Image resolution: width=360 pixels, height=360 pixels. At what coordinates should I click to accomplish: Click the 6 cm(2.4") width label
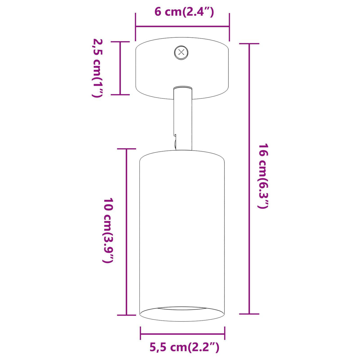click(x=184, y=12)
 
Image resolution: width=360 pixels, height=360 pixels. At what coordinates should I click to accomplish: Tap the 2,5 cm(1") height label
click(x=97, y=68)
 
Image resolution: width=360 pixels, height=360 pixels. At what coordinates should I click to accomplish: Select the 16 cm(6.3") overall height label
click(x=263, y=176)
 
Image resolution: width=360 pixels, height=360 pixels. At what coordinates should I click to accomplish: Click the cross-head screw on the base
click(x=181, y=53)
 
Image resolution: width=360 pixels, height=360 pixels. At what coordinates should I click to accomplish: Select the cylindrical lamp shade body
click(x=182, y=231)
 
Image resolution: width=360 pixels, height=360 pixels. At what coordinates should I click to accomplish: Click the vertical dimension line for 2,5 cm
click(x=120, y=68)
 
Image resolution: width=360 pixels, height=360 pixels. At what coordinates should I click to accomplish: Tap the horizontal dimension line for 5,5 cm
click(x=182, y=334)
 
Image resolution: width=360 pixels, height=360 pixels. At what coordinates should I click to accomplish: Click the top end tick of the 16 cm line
click(x=249, y=44)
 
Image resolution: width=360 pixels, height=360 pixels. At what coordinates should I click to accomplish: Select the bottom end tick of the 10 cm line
click(x=127, y=315)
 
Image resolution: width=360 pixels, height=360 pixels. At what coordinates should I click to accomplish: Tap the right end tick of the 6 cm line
click(x=229, y=27)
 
